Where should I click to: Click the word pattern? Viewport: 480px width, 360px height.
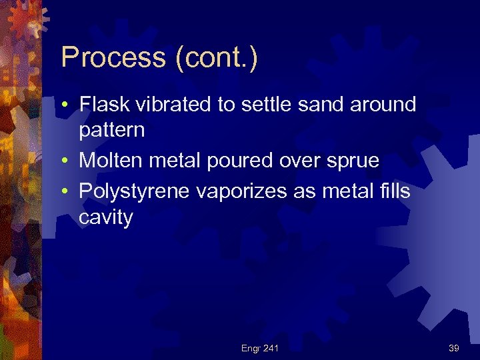pyautogui.click(x=111, y=130)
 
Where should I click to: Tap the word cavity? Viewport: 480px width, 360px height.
pyautogui.click(x=106, y=217)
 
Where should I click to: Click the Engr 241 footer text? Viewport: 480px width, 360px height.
pyautogui.click(x=261, y=348)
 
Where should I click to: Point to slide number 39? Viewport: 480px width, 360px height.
pyautogui.click(x=454, y=348)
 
